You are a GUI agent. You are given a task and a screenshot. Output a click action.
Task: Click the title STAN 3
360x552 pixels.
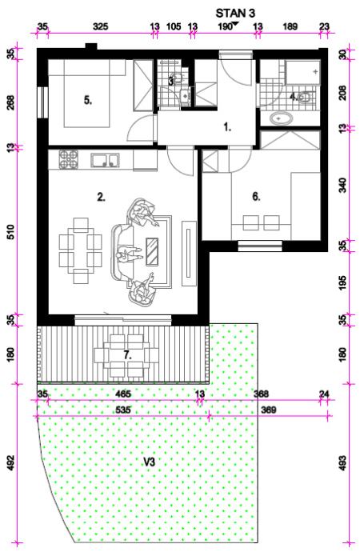pos(235,14)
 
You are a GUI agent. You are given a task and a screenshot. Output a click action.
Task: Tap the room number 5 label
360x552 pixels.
pos(88,100)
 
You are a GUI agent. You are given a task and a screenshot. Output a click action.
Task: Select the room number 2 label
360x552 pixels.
pos(101,197)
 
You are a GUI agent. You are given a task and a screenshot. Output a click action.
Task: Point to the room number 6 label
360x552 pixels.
pos(256,197)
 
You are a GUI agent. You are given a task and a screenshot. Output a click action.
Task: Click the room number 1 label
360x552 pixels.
pos(228,127)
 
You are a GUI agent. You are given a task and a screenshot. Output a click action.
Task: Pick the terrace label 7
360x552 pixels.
pos(127,355)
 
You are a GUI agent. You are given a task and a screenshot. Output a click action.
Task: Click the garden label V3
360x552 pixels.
pos(150,462)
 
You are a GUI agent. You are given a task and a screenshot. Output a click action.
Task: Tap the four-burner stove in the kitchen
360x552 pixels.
pos(68,159)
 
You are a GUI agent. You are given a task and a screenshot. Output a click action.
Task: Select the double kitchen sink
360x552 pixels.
pos(105,160)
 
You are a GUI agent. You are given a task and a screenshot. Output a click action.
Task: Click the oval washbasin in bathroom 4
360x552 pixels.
pos(282,118)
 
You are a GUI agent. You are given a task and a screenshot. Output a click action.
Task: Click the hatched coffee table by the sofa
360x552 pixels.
pos(152,251)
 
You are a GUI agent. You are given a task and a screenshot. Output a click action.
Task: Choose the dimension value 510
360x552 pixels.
pos(11,232)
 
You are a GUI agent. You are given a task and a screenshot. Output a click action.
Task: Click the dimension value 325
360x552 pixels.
pos(100,26)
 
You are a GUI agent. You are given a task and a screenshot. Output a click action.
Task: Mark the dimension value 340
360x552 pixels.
pos(342,185)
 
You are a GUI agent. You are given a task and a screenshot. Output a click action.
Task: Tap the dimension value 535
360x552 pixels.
pos(123,410)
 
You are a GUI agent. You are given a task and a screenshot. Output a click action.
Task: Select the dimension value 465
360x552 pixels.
pos(123,394)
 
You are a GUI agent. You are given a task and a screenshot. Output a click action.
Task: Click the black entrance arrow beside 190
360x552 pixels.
pos(235,24)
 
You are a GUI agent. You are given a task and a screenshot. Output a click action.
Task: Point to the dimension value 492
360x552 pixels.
pos(11,462)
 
